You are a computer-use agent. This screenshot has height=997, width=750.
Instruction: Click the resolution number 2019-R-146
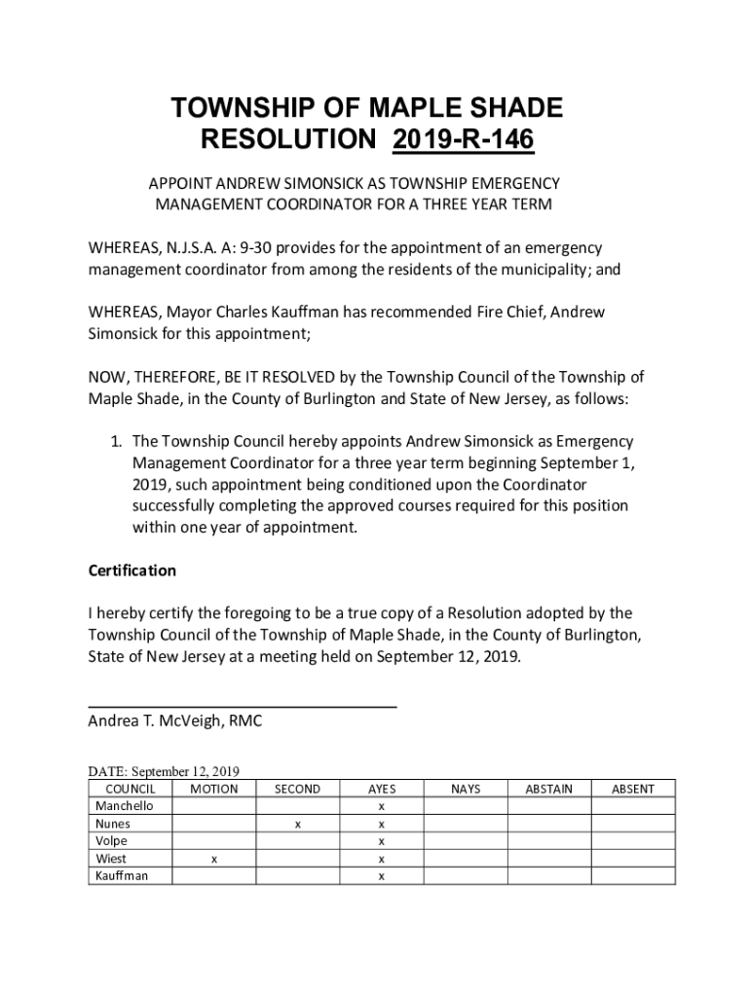pos(464,140)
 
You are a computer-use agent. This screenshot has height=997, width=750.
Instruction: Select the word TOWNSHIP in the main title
pos(244,107)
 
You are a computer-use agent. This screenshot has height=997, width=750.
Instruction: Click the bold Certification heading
pos(132,571)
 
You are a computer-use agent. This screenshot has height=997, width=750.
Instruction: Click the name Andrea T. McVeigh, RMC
pos(175,721)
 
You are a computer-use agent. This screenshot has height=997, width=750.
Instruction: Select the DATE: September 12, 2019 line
pos(164,771)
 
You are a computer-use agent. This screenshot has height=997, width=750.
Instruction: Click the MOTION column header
pos(214,789)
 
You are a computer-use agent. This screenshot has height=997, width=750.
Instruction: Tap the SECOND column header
pos(297,789)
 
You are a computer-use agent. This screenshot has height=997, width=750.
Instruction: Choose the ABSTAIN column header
pos(549,789)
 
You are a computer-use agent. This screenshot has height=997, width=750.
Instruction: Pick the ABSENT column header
pos(633,789)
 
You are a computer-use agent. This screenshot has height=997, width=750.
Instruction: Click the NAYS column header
pos(466,789)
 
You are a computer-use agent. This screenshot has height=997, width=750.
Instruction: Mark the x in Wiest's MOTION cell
pos(214,859)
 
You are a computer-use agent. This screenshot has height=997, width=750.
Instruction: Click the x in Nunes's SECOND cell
pos(297,824)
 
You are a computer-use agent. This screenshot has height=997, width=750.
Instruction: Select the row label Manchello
pos(118,806)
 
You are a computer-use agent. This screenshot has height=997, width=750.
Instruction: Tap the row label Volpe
pos(111,841)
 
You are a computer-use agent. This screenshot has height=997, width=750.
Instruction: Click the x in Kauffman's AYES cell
pos(382,876)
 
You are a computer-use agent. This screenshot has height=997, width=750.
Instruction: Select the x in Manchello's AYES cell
pos(382,806)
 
